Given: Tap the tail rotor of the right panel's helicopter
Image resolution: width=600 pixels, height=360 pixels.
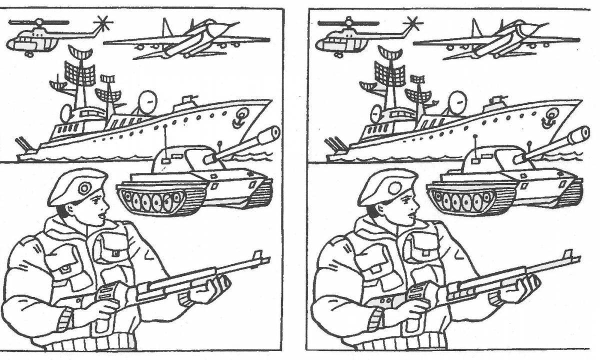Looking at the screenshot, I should coord(413,22).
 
